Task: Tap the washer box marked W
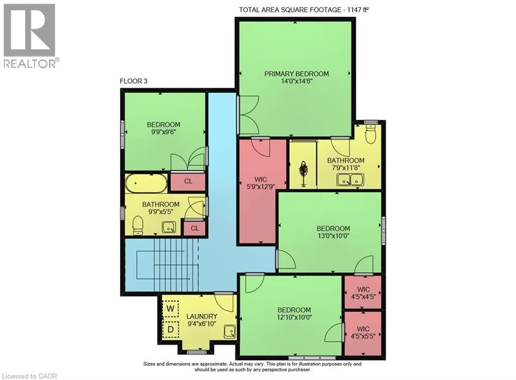[170, 308]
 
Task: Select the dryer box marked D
[170, 329]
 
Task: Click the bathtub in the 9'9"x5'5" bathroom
[146, 183]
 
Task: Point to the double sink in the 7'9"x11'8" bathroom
[350, 180]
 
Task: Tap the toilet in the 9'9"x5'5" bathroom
[138, 226]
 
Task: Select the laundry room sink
[230, 332]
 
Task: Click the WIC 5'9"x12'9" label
[261, 183]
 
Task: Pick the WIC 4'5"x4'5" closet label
[363, 293]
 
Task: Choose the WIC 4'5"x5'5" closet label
[363, 332]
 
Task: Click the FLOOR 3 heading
[134, 81]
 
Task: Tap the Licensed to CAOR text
[29, 376]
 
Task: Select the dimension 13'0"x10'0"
[333, 235]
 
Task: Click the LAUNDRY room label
[202, 316]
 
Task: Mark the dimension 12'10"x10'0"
[294, 317]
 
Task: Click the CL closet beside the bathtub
[188, 181]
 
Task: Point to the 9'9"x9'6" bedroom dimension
[164, 132]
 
